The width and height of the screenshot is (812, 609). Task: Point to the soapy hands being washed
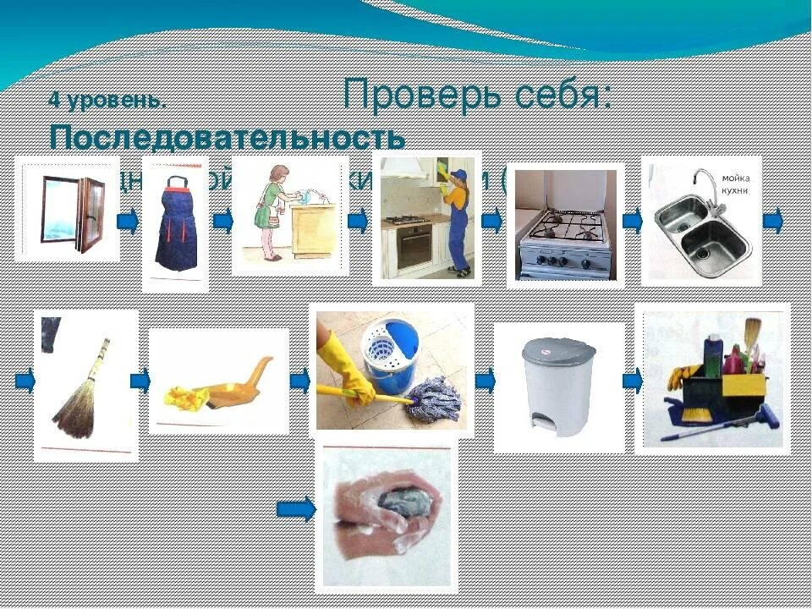(x=385, y=512)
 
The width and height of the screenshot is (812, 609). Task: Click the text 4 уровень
(x=107, y=101)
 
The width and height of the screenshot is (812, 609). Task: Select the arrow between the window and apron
(x=128, y=222)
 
